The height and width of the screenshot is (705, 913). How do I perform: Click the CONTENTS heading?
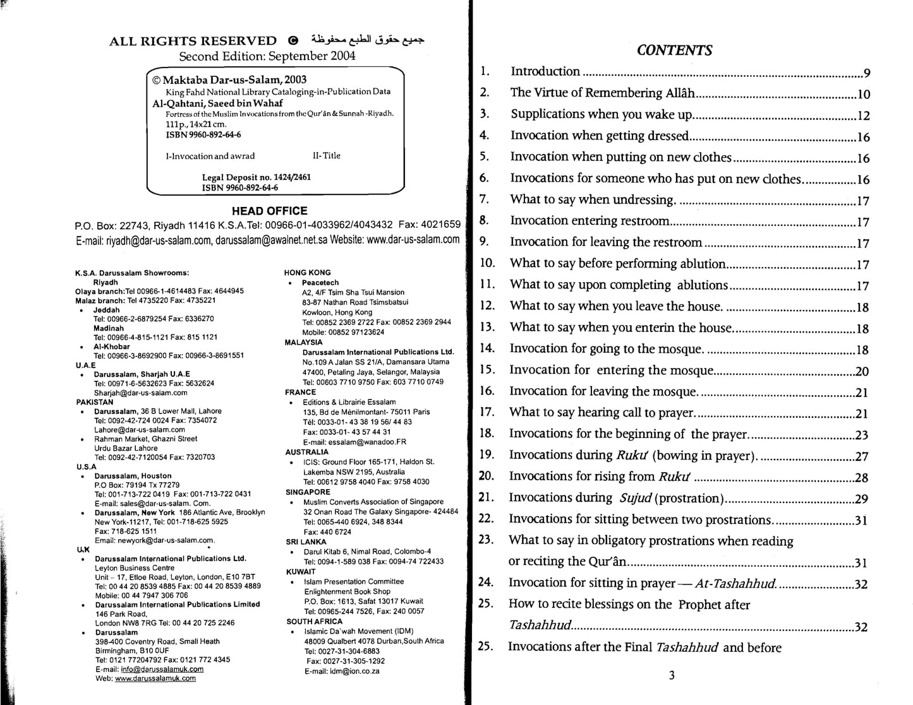[674, 50]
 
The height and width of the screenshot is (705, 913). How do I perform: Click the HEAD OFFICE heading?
[269, 211]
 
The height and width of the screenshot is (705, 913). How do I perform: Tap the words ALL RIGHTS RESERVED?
[193, 41]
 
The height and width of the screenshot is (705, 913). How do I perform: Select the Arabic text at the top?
[366, 39]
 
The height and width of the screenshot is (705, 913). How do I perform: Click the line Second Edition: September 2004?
[267, 56]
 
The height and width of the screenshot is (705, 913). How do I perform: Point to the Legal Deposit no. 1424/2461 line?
[256, 177]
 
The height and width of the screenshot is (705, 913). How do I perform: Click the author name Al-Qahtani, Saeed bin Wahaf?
[217, 103]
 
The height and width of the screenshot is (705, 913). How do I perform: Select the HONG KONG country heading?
[307, 273]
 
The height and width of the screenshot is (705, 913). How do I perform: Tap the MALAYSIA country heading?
[303, 342]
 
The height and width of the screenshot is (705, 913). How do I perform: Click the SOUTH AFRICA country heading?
[314, 621]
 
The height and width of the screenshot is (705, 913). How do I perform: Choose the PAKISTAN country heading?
[95, 401]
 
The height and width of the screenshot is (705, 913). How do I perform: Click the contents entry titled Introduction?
[545, 71]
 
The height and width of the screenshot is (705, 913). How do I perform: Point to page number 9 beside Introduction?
[867, 73]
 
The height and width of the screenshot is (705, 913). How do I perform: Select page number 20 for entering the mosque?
[862, 372]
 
